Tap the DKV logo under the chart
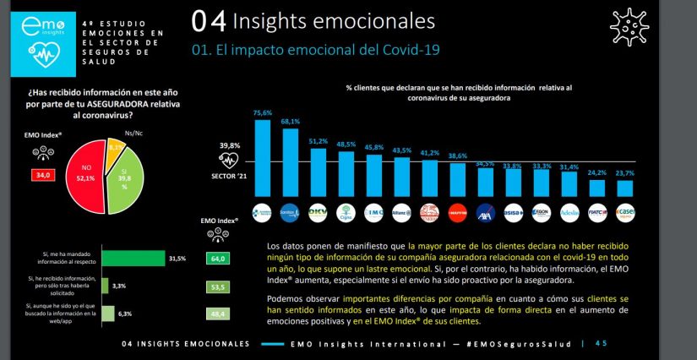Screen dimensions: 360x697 [319, 211]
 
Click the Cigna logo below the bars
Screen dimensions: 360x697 [346, 211]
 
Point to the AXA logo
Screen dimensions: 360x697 [485, 211]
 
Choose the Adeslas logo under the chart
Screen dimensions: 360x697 [569, 211]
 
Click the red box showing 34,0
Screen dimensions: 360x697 [41, 175]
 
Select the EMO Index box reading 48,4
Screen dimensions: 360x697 [219, 314]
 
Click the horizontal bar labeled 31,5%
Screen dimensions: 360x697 [133, 259]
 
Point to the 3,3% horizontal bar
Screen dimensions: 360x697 [105, 286]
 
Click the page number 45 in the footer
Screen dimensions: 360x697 [601, 344]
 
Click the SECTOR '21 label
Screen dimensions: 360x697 [228, 177]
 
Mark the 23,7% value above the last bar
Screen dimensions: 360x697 [625, 172]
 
